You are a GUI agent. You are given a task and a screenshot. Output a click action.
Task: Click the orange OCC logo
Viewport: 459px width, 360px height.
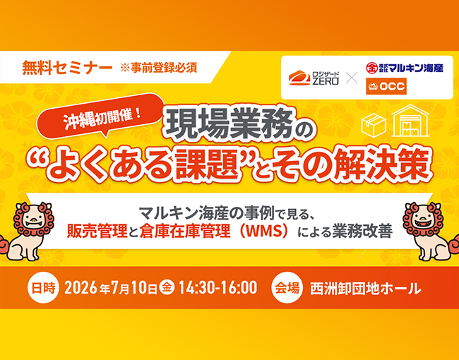[386, 86]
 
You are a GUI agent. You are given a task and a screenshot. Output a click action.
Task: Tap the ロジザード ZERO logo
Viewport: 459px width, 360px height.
[314, 78]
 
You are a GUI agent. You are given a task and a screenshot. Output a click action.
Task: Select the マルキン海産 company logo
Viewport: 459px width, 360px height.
[405, 68]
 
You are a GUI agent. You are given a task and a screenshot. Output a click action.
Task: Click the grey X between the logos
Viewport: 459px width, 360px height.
[352, 78]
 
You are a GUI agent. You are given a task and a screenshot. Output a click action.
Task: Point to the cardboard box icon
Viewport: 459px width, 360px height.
[374, 125]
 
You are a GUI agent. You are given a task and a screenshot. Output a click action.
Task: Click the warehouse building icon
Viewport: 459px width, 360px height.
[410, 121]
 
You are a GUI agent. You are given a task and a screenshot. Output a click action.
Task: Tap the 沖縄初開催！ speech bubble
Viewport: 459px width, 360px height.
[100, 116]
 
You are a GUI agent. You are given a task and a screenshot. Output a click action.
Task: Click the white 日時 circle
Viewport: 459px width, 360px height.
[43, 288]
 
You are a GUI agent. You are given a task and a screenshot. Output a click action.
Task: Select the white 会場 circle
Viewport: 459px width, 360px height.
[287, 288]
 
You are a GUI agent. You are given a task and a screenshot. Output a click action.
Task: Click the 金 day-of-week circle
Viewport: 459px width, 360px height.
[167, 287]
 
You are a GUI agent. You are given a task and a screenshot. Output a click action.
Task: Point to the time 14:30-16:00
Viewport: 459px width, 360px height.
[217, 288]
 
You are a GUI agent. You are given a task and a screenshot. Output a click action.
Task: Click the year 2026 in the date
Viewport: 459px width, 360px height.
[81, 288]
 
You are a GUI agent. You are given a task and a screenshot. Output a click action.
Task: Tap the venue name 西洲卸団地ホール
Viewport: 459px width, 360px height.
[366, 288]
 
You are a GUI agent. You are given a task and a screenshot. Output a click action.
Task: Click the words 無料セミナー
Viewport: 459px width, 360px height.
[67, 67]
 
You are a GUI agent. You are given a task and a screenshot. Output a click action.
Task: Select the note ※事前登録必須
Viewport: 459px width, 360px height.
[158, 68]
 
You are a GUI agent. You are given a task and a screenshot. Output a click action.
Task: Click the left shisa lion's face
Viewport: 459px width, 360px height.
[33, 219]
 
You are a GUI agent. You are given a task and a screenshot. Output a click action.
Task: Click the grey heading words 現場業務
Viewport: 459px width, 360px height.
[230, 125]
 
